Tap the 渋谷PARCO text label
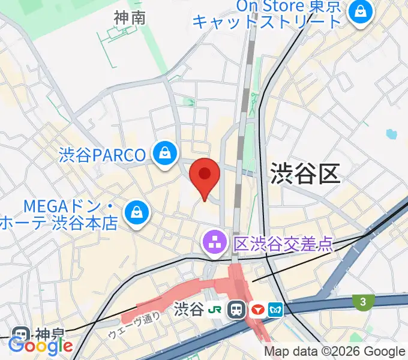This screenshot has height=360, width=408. (103, 155)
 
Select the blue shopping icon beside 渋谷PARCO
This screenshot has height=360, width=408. (164, 154)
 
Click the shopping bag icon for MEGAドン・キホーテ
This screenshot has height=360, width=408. (137, 212)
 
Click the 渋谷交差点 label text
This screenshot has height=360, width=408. (282, 243)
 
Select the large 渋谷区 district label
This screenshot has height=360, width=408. (305, 173)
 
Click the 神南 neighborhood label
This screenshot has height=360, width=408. (130, 19)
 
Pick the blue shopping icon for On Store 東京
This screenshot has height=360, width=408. (361, 12)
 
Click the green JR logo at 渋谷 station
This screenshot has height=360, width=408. (215, 310)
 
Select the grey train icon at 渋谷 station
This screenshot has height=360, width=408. (237, 310)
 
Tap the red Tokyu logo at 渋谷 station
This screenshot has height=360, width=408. (259, 310)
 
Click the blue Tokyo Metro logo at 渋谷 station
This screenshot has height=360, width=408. (277, 310)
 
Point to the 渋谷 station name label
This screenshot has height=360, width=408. (188, 310)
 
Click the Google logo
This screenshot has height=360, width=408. (41, 346)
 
